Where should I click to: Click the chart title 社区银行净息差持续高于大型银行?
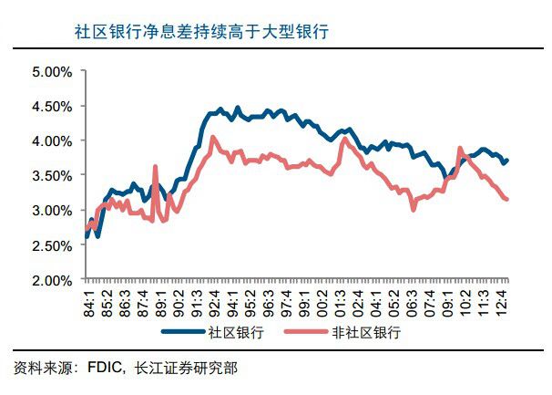pyautogui.click(x=201, y=32)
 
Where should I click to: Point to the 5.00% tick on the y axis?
pyautogui.click(x=51, y=71)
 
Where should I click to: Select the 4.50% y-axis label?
pyautogui.click(x=51, y=106)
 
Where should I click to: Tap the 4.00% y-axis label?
pyautogui.click(x=51, y=140)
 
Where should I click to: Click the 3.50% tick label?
pyautogui.click(x=51, y=175)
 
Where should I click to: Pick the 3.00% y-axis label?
pyautogui.click(x=51, y=211)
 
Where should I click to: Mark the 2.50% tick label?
pyautogui.click(x=51, y=245)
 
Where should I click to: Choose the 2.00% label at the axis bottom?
pyautogui.click(x=51, y=280)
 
